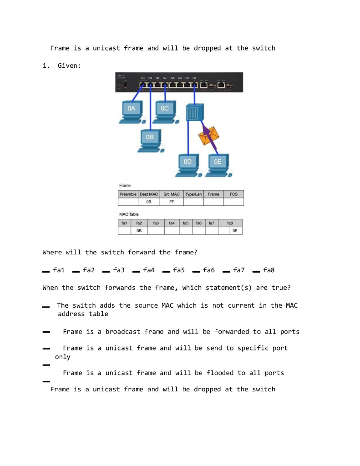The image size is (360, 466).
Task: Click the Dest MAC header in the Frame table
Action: click(x=148, y=194)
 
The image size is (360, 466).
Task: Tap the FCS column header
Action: click(x=233, y=194)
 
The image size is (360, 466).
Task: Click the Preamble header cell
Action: click(x=128, y=194)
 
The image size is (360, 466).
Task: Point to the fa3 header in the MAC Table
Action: click(x=156, y=223)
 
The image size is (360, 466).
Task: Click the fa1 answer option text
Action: click(x=59, y=270)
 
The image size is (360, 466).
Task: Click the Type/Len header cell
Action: click(x=193, y=194)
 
